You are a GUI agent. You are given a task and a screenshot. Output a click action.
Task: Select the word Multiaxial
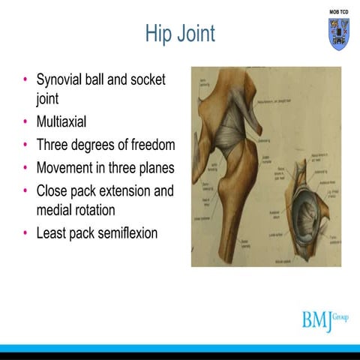point(64,121)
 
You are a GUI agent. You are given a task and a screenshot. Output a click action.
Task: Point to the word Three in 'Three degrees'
point(52,145)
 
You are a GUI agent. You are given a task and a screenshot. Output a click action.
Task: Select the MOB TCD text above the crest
point(339,13)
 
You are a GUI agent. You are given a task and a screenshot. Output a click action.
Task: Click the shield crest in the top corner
point(339,34)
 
